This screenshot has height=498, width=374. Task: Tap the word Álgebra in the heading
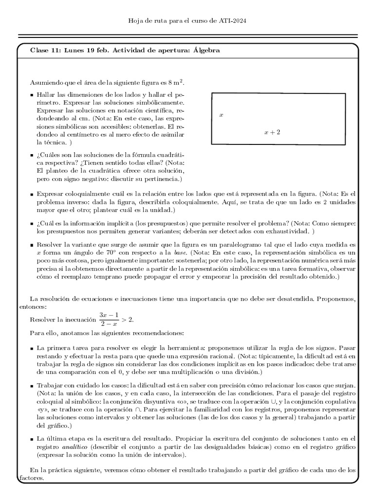click(x=206, y=50)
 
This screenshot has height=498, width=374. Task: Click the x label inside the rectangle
click(x=221, y=115)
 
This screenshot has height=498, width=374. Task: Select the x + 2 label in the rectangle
click(x=272, y=132)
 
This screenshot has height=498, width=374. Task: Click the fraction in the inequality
click(x=108, y=320)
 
